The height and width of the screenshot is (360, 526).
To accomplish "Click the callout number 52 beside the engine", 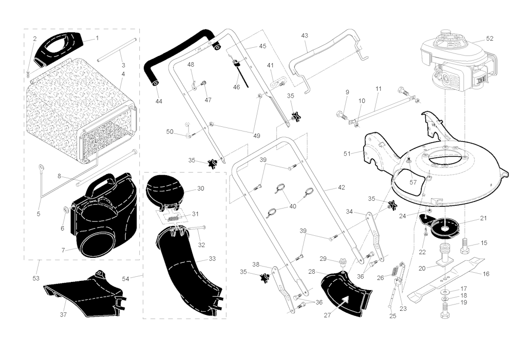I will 489,39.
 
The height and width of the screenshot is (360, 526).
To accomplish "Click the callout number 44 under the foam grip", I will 159,102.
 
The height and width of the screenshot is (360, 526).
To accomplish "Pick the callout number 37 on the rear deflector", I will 64,314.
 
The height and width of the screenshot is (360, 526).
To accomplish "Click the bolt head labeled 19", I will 444,311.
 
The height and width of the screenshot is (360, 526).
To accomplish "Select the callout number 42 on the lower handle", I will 341,188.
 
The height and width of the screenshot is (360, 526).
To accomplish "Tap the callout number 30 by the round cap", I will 200,188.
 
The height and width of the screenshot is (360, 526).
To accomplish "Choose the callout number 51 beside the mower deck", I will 347,153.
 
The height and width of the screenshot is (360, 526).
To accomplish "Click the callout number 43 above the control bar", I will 305,35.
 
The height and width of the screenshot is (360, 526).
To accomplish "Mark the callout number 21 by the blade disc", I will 483,218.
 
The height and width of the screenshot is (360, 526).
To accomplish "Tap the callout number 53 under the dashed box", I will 35,278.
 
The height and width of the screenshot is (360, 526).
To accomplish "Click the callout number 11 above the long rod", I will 379,89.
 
